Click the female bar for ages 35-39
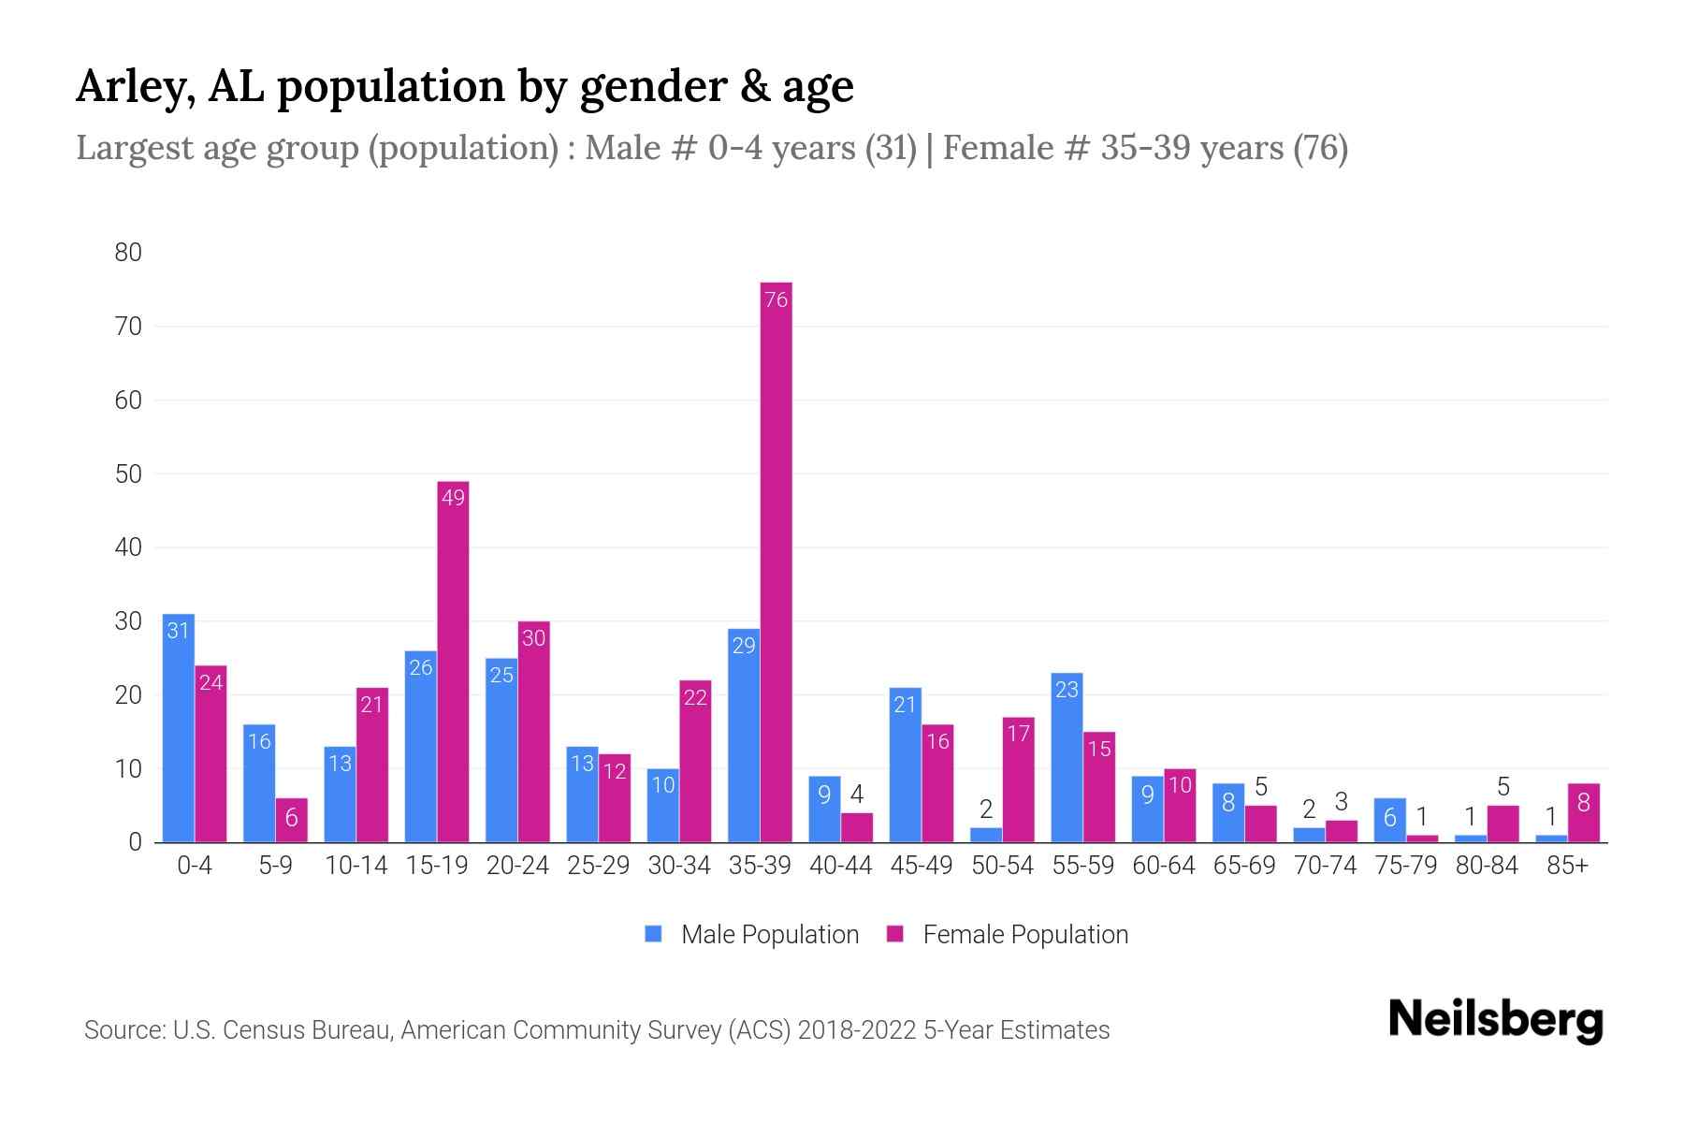point(776,561)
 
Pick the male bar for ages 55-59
point(1067,758)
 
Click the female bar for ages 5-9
point(291,821)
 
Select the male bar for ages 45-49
point(905,766)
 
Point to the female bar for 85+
point(1583,813)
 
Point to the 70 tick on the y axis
point(128,327)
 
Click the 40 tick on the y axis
point(128,547)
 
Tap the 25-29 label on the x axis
point(598,866)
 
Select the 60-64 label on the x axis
point(1163,866)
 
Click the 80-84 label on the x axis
point(1486,866)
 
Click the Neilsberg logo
point(1495,1020)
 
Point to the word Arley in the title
point(135,87)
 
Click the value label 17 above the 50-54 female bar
point(1018,734)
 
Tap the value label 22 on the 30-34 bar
point(695,697)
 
